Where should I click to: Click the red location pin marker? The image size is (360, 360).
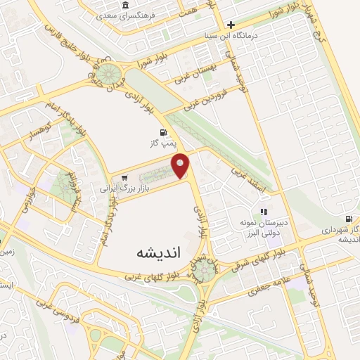click(x=181, y=165)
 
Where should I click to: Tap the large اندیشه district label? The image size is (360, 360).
click(x=155, y=252)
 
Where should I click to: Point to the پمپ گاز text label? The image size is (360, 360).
click(x=162, y=143)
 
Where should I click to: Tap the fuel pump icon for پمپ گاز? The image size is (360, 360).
click(x=163, y=132)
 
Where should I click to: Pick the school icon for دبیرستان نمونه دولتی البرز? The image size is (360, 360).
click(x=264, y=211)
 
